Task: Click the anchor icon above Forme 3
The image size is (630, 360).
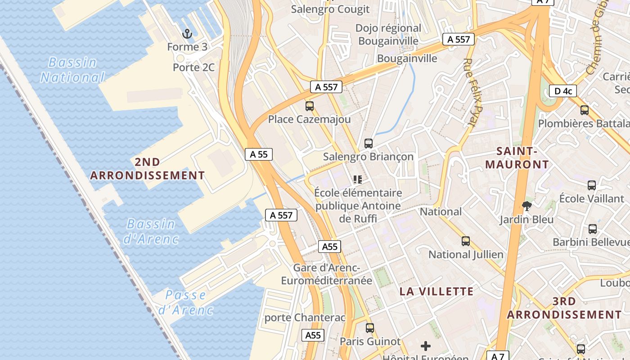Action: pos(187,34)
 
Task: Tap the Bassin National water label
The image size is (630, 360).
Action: pos(72,70)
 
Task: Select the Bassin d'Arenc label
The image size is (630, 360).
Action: pos(151,231)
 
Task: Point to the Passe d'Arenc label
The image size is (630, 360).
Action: pos(185,302)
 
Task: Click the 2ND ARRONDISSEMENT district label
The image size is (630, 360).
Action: pos(148,169)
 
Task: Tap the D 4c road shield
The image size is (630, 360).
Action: pos(563,91)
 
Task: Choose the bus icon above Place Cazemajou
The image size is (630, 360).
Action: pos(310,106)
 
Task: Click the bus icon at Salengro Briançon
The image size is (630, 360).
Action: pos(369,144)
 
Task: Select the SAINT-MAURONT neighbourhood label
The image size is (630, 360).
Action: pos(517,157)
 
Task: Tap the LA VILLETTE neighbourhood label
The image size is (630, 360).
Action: pos(436,291)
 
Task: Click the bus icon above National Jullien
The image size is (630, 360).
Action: pos(466,241)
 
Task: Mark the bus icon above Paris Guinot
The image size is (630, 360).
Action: pos(370,328)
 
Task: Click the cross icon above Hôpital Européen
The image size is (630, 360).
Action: pos(426,346)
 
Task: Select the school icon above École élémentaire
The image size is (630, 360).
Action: pos(358,180)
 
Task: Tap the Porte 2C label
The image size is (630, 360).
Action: pos(193,67)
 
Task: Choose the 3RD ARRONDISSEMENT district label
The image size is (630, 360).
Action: pos(564,308)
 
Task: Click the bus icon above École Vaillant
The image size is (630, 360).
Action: pos(592,185)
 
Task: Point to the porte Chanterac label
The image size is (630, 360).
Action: pos(305,317)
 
